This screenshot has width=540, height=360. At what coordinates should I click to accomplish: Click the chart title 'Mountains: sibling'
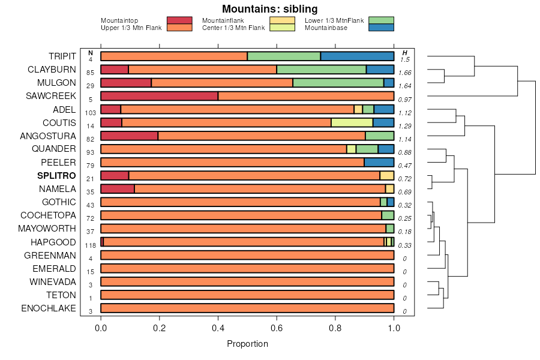point(269,9)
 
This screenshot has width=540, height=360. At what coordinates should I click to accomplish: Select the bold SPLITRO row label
point(56,176)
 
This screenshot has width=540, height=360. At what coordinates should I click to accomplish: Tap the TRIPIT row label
point(62,56)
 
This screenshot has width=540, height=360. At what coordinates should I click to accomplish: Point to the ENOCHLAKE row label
point(49,308)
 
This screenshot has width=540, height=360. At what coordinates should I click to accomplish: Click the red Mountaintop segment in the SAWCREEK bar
point(159,96)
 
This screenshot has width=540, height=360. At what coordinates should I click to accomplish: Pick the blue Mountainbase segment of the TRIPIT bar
point(357,56)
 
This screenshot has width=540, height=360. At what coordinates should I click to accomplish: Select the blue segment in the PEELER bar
point(379,162)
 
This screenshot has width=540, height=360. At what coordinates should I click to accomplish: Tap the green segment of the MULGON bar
point(338,83)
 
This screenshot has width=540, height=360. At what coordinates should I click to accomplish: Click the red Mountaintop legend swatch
point(179,20)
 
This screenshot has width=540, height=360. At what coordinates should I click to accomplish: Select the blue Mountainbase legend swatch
point(381,28)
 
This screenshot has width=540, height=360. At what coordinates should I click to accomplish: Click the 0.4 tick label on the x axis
point(218,328)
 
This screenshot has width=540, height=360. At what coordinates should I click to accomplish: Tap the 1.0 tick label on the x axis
point(394,328)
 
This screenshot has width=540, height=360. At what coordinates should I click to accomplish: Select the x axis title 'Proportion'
point(247,344)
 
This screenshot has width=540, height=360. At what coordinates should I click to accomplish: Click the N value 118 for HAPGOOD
point(91,245)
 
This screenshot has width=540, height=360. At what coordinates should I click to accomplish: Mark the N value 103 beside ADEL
point(91,113)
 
